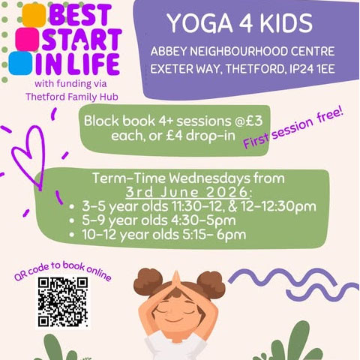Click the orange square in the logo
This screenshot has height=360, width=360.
coord(34,15)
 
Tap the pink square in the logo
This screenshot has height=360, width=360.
coord(27,40)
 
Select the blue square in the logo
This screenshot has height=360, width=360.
coord(20,63)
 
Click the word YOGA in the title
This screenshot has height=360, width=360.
coord(200,23)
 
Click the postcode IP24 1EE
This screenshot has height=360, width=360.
coord(312,69)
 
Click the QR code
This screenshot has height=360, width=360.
coord(63,302)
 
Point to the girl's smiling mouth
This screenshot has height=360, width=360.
coord(174,320)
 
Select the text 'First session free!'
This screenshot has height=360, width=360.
coord(293,129)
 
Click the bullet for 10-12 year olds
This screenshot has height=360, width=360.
coord(72,235)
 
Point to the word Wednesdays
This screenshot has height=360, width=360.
coord(209,178)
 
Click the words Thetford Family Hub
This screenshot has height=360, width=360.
coord(72,97)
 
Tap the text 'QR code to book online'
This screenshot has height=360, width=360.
coord(62,271)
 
